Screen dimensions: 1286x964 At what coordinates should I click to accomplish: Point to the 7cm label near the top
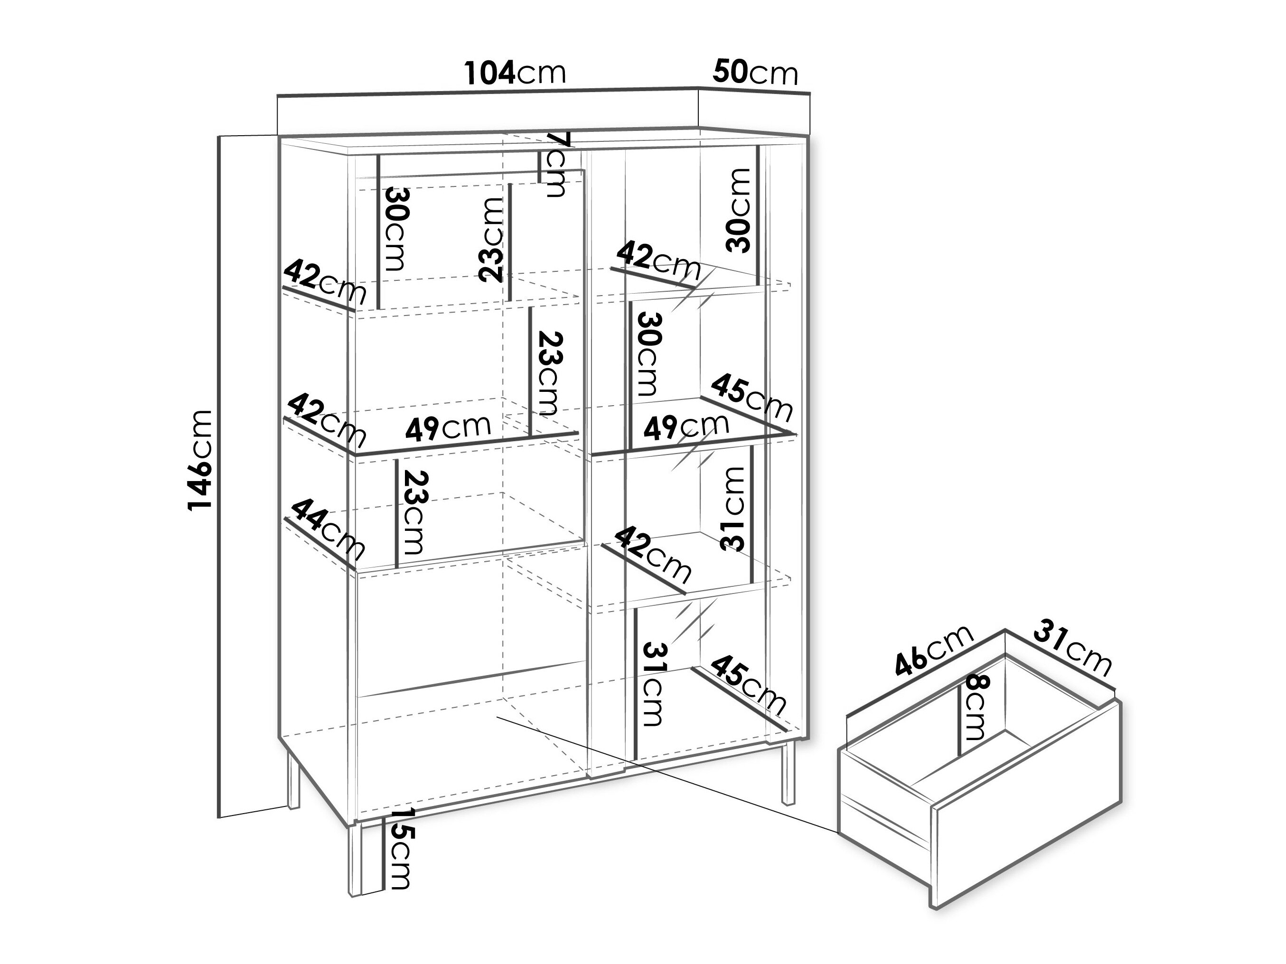[x=555, y=165]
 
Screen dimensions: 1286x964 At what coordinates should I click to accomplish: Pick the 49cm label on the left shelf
[x=448, y=427]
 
